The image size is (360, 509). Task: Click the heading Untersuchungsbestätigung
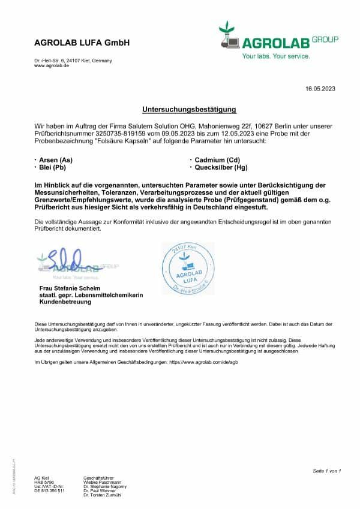coord(189,110)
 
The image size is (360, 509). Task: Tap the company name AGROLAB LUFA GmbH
coord(82,43)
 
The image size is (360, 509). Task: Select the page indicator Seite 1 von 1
coord(326,471)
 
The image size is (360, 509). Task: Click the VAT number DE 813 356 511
coord(50,490)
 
